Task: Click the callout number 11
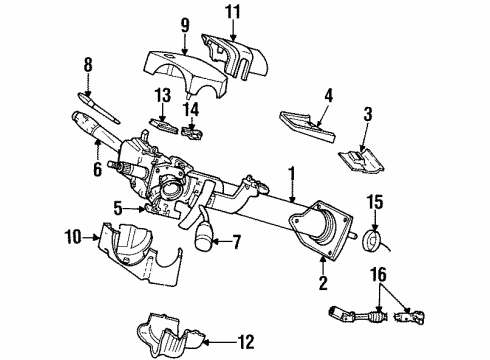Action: click(x=232, y=12)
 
